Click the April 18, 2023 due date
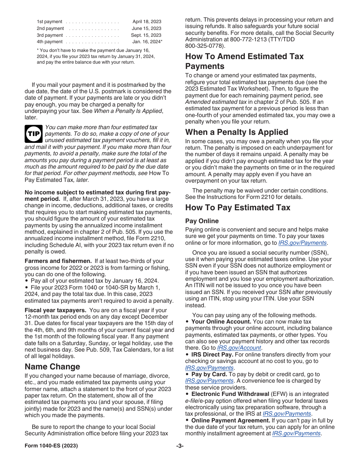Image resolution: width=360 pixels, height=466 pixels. point(147,22)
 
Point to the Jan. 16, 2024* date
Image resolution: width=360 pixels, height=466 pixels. point(147,42)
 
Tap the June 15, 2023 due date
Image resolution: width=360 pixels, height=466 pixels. point(146,28)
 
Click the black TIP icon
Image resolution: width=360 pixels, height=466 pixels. point(33,133)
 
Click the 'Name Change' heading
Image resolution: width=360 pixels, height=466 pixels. point(52,366)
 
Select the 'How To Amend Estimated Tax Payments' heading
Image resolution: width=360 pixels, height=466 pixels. point(244,61)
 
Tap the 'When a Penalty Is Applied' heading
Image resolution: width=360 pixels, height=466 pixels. point(236,132)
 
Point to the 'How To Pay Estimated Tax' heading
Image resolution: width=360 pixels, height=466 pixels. point(238,207)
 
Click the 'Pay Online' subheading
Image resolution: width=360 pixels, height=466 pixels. point(202,221)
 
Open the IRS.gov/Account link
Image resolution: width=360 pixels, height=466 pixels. point(243,348)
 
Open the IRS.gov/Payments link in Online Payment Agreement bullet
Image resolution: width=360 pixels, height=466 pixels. point(296,433)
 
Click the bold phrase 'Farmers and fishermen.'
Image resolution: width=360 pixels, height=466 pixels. point(58,261)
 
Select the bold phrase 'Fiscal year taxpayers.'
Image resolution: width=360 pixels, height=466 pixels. point(56,310)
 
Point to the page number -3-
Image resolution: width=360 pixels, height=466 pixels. point(180,446)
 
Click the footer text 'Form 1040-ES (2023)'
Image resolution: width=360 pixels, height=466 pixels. point(51,446)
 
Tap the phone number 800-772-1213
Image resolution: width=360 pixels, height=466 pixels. point(247,39)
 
